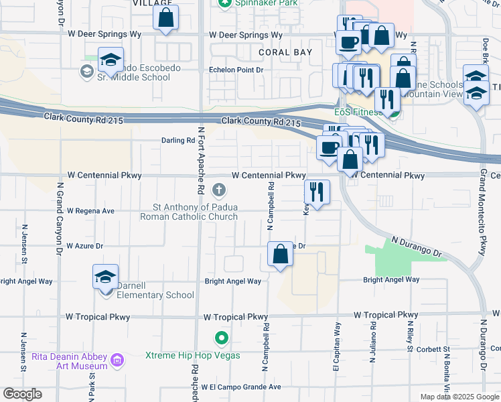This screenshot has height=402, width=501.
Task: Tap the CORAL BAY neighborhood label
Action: [x=282, y=52]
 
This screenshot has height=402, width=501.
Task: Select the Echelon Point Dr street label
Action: [x=236, y=70]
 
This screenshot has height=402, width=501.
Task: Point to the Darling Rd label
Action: [x=177, y=141]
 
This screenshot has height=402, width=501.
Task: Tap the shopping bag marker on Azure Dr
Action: [x=280, y=255]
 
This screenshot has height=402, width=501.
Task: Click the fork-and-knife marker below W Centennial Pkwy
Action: [x=317, y=192]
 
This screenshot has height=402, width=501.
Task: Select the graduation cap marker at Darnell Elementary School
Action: [x=105, y=277]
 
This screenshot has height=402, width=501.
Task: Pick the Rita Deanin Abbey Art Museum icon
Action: [x=117, y=360]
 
